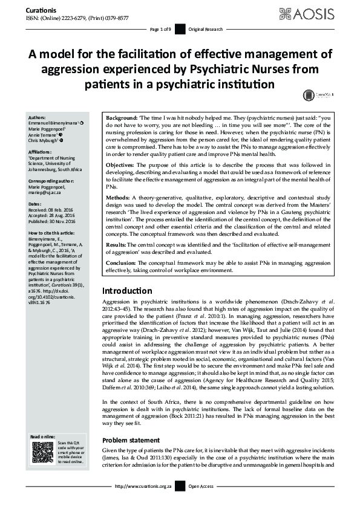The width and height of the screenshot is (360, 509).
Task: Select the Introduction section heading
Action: pyautogui.click(x=126, y=290)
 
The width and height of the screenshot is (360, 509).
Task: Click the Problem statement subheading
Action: pyautogui.click(x=131, y=440)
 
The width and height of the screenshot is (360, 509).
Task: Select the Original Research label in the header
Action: pyautogui.click(x=206, y=29)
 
